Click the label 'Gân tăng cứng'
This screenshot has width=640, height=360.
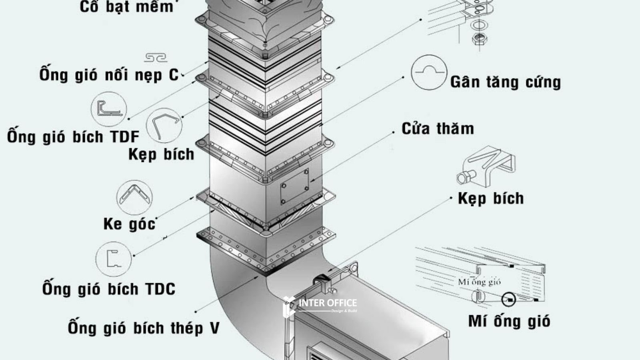coord(505,82)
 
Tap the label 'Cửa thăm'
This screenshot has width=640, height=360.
coord(438,129)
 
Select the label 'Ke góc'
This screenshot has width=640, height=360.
coord(129,224)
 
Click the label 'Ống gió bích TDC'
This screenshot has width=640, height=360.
coord(109,289)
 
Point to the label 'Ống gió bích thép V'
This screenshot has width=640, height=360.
coord(144,328)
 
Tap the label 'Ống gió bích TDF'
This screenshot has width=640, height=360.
coord(73,137)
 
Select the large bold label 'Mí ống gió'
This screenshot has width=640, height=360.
coord(509,321)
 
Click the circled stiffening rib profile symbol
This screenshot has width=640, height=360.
coord(429,72)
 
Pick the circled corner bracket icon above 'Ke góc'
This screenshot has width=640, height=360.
coord(134,197)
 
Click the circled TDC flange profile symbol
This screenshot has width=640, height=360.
coord(114,259)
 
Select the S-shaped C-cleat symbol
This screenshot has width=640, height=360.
coord(156,58)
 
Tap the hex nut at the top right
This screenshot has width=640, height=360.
coord(478,39)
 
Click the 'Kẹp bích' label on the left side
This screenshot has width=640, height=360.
coord(161,154)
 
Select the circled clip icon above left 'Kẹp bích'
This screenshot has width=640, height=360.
coord(164,126)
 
